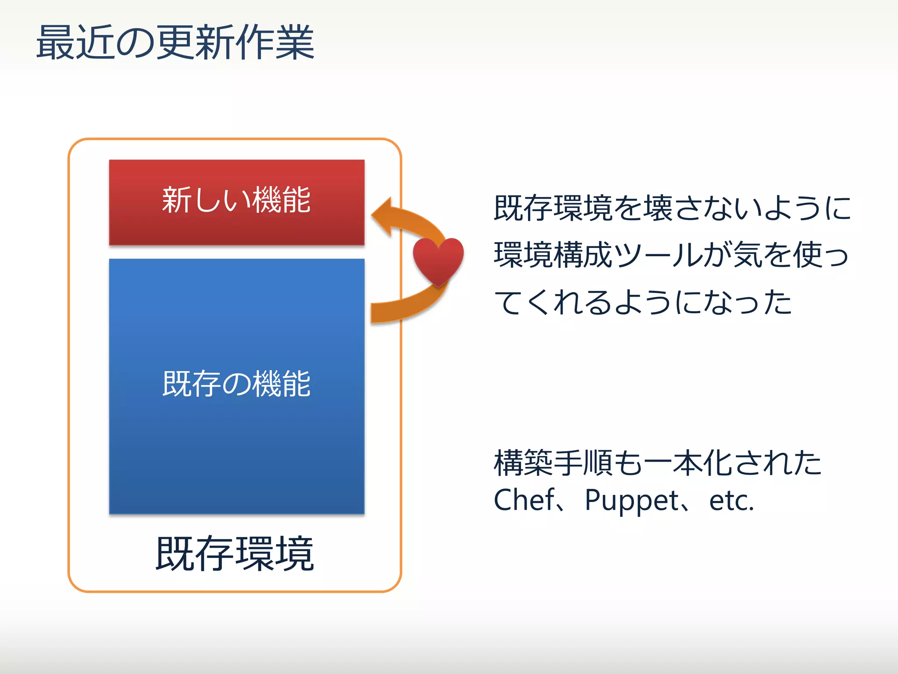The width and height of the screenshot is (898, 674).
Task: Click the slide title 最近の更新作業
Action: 175,43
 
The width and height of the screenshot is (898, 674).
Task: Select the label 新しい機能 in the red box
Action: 236,200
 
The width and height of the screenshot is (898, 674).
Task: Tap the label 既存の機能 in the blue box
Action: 236,384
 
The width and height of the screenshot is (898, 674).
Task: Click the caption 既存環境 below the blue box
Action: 235,554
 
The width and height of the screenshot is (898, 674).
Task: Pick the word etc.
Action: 731,501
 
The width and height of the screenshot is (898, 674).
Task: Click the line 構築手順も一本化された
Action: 658,463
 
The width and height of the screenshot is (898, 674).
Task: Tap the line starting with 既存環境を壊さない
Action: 672,208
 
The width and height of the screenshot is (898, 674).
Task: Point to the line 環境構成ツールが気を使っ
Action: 671,255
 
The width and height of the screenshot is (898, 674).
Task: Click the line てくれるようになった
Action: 643,302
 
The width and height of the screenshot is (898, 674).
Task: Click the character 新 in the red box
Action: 177,200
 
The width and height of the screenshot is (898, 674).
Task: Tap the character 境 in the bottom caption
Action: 295,554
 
